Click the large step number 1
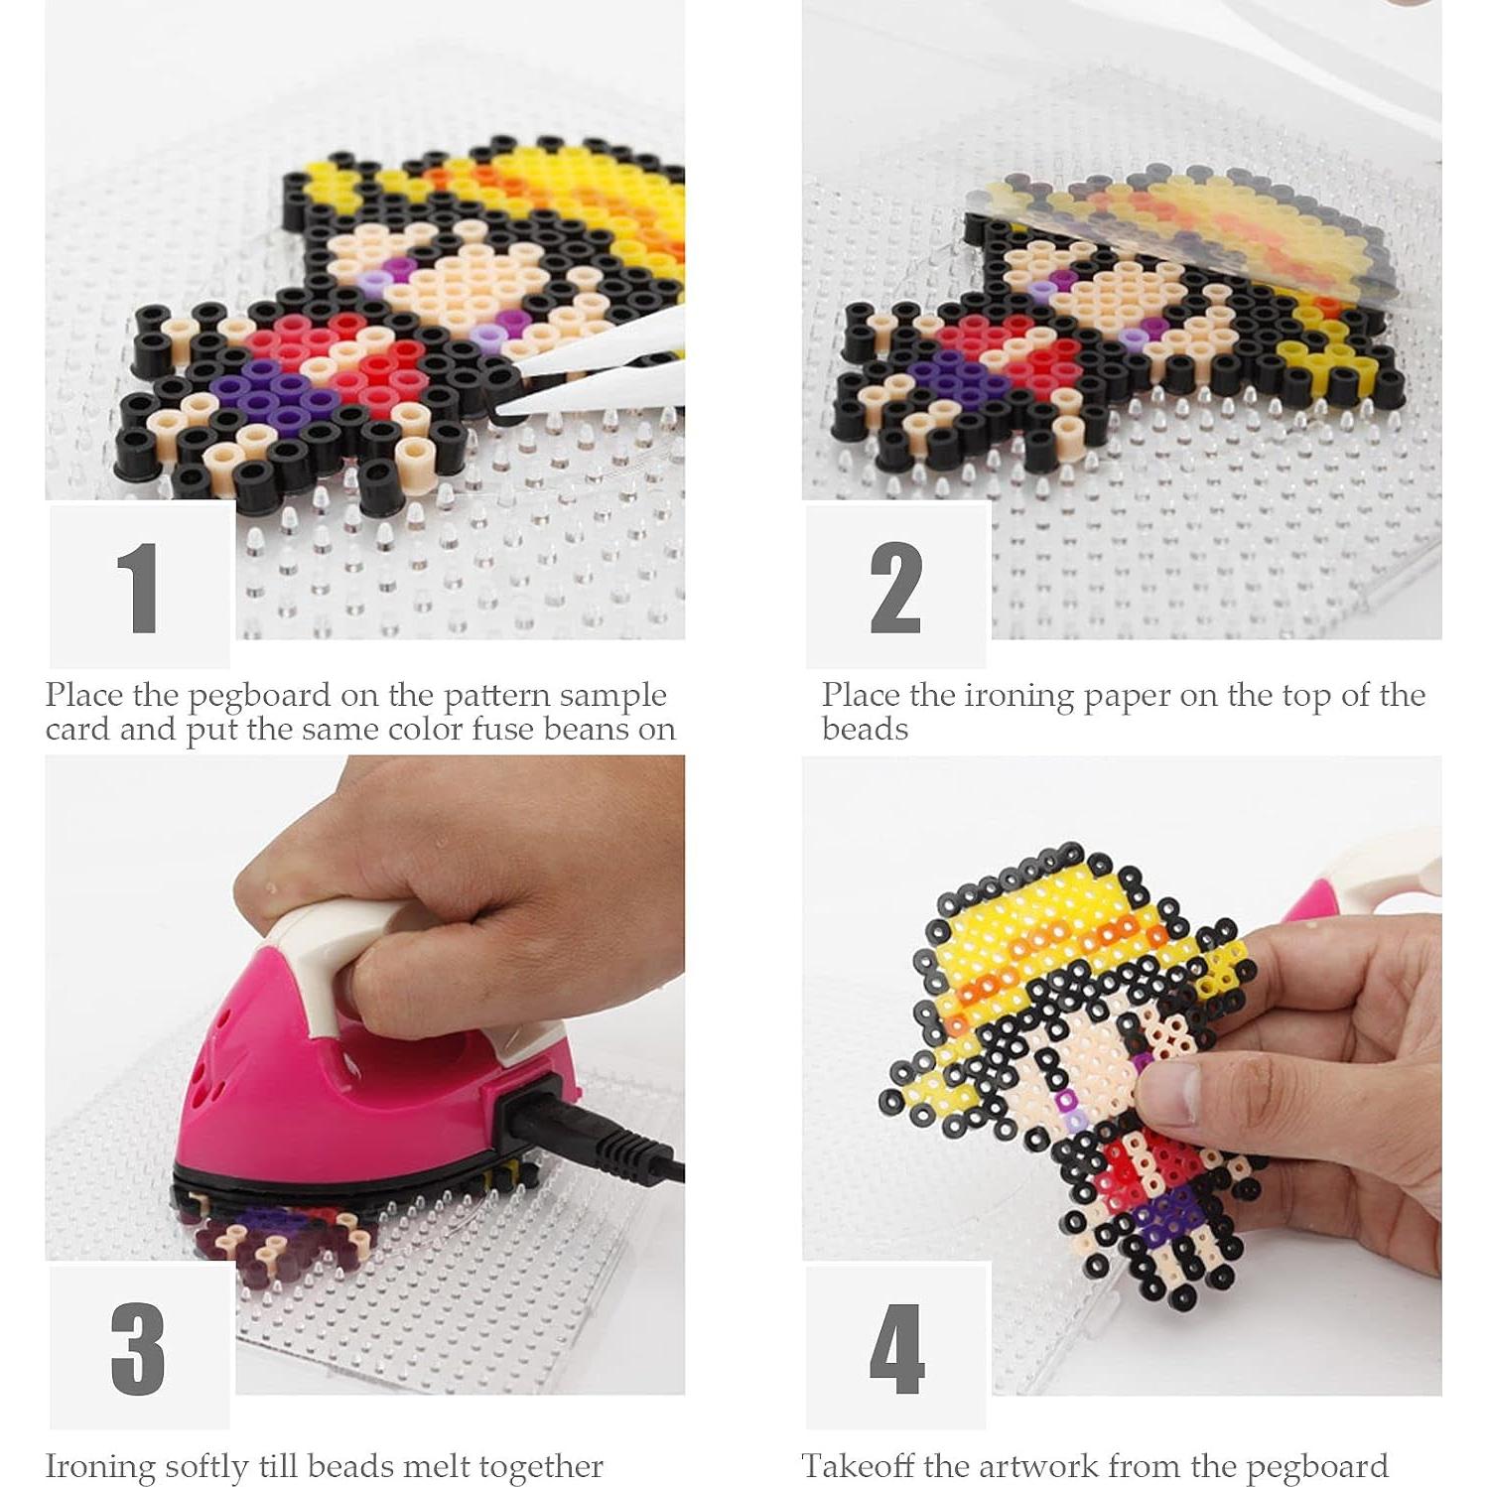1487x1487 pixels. click(x=138, y=588)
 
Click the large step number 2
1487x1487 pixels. click(x=895, y=588)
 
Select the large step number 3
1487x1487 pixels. click(x=138, y=1349)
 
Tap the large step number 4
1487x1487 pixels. click(x=896, y=1349)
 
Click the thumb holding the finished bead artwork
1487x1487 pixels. click(x=1181, y=1092)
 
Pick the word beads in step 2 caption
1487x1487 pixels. click(x=865, y=731)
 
